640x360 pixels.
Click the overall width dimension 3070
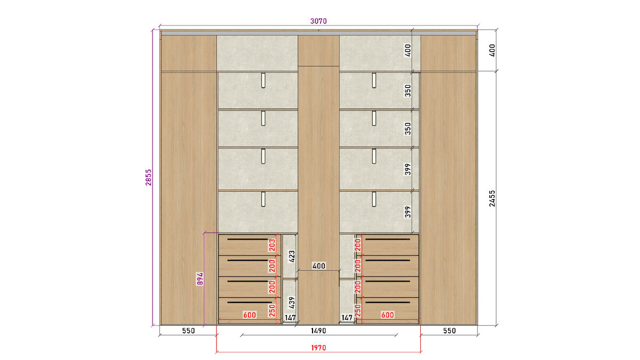click(x=318, y=21)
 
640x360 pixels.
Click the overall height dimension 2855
click(x=149, y=178)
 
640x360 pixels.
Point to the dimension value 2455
click(x=492, y=198)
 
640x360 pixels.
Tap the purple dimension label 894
click(x=200, y=278)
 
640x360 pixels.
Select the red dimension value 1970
click(x=318, y=348)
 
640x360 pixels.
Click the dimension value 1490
click(x=318, y=331)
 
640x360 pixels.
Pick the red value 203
click(x=272, y=245)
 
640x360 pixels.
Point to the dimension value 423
click(x=291, y=257)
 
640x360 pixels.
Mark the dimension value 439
click(x=291, y=303)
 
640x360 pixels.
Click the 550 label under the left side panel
click(x=188, y=331)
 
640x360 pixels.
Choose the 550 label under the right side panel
click(x=450, y=331)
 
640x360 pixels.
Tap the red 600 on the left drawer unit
click(x=250, y=315)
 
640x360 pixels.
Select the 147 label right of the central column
click(x=347, y=318)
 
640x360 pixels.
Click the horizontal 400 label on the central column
click(x=318, y=266)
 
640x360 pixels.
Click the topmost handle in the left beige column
click(x=263, y=81)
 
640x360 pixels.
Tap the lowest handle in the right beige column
click(x=374, y=199)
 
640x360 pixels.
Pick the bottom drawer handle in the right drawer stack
click(x=388, y=302)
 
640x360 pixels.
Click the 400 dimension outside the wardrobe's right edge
click(x=492, y=50)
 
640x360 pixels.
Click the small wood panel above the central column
click(x=318, y=51)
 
